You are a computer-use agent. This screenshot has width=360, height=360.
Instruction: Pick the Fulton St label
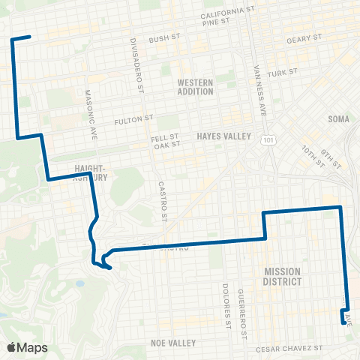point(133,119)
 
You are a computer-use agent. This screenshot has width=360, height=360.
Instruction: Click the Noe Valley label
point(172,342)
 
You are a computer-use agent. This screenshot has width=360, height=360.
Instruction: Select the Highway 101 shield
point(268,139)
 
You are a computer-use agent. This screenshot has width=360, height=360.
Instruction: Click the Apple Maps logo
point(27,347)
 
